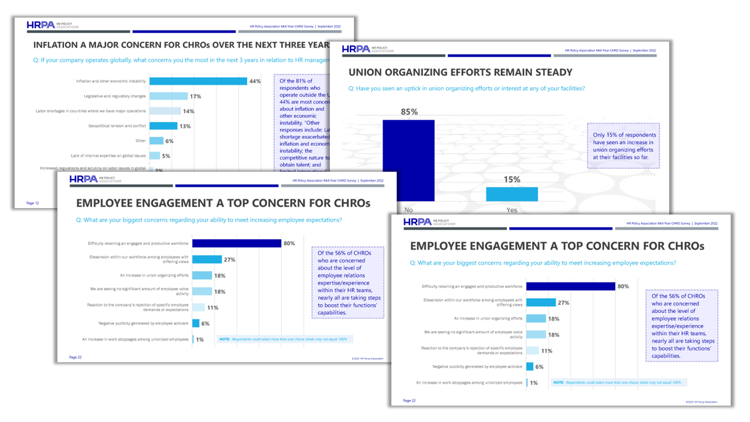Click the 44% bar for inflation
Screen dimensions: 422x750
[198, 81]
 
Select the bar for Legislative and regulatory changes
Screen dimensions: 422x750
[169, 96]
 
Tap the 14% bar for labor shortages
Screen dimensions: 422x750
[165, 111]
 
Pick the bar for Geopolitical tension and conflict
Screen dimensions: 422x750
[163, 126]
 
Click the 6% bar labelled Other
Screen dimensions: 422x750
[156, 141]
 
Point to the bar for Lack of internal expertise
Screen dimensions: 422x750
[155, 156]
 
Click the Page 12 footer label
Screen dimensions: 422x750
[33, 203]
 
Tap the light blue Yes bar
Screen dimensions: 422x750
[512, 194]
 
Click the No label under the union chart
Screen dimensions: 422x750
[408, 210]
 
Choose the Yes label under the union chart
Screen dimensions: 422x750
[512, 210]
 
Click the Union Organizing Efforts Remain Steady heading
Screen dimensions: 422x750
[461, 73]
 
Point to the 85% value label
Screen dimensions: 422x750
[408, 112]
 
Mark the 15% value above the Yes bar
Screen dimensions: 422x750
[512, 179]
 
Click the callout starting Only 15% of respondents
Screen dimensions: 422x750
[623, 146]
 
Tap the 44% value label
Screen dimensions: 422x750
[255, 81]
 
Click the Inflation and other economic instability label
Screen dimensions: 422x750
[111, 81]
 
